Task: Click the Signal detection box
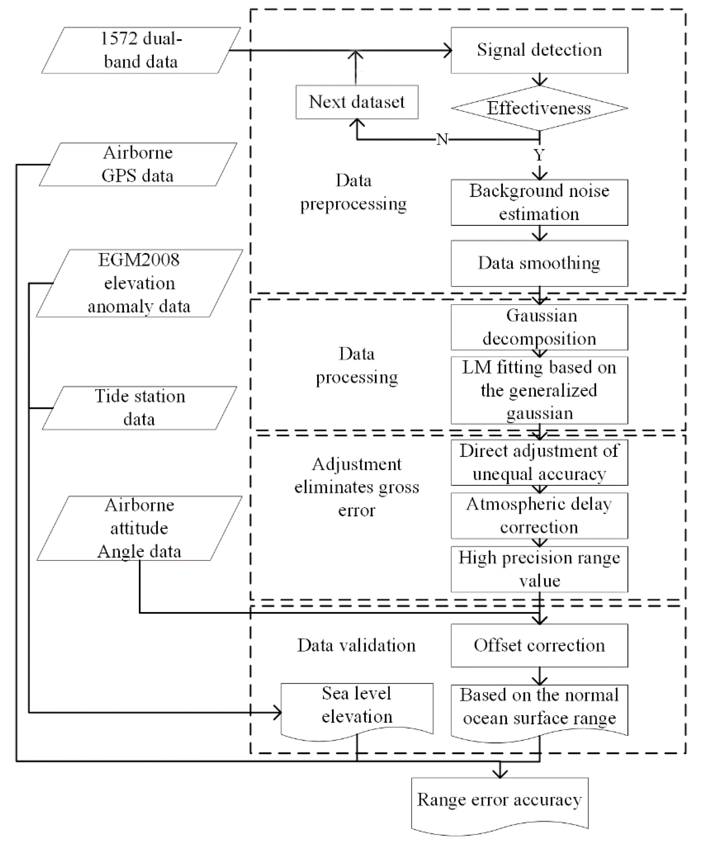(x=539, y=50)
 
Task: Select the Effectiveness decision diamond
(x=539, y=108)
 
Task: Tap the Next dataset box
(x=357, y=102)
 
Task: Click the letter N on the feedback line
(x=442, y=140)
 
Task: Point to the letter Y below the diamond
(x=539, y=155)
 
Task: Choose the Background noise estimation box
(x=539, y=202)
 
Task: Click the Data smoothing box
(x=539, y=263)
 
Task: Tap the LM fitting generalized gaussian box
(x=539, y=390)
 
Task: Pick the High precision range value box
(x=539, y=569)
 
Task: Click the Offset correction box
(x=539, y=645)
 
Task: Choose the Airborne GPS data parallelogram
(x=138, y=164)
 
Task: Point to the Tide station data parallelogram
(x=139, y=408)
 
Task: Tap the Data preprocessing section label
(x=353, y=192)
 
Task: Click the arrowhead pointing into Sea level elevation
(x=277, y=713)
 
